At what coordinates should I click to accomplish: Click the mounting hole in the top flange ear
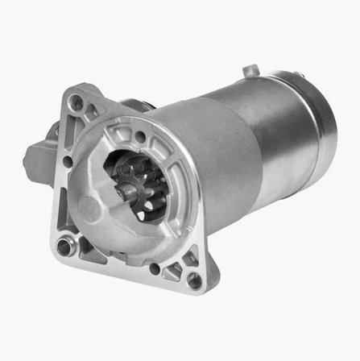[77, 102]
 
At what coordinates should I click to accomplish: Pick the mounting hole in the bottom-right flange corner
[194, 281]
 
